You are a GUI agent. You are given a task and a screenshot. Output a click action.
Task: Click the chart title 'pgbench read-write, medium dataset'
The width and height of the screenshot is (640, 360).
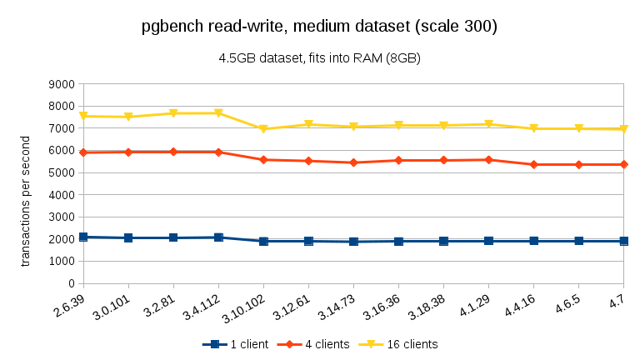point(320,27)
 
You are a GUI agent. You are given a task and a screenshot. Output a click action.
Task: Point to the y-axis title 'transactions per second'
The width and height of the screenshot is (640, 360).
point(25,201)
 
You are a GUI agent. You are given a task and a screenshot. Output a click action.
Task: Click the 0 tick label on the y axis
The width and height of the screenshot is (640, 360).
point(70,283)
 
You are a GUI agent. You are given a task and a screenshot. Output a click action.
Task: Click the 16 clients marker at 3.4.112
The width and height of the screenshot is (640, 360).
point(218,113)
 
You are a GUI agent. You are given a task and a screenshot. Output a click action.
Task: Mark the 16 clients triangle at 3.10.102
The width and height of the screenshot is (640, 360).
point(263,129)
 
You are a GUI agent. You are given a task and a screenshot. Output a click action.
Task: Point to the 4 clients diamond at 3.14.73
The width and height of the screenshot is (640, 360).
point(353,162)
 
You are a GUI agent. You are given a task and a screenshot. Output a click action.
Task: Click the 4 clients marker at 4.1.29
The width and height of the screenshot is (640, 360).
point(488,159)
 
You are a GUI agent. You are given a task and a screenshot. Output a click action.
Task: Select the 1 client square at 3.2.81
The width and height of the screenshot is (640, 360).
point(173,237)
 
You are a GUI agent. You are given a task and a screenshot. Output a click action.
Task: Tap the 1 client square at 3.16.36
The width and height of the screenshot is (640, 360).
point(398,241)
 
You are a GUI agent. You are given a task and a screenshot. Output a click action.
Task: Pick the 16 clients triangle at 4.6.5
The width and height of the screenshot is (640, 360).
point(578,128)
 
